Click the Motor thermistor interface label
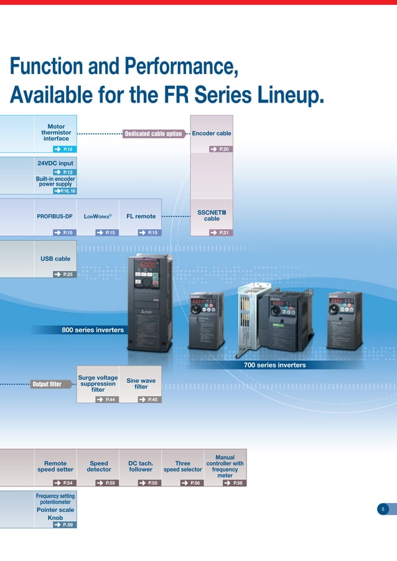[x=56, y=132]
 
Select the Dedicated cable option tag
[x=153, y=134]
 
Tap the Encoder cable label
[x=212, y=133]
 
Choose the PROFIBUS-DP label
[x=55, y=216]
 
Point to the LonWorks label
[x=98, y=216]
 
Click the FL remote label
[x=141, y=216]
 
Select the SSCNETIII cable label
[x=212, y=215]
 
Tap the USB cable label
[x=55, y=259]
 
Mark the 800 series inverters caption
[x=93, y=330]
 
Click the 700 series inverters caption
[x=274, y=365]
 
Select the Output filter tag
[x=47, y=384]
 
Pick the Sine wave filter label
[x=141, y=383]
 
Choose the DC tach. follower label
[x=141, y=466]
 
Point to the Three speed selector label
[x=183, y=466]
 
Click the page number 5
[x=383, y=509]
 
